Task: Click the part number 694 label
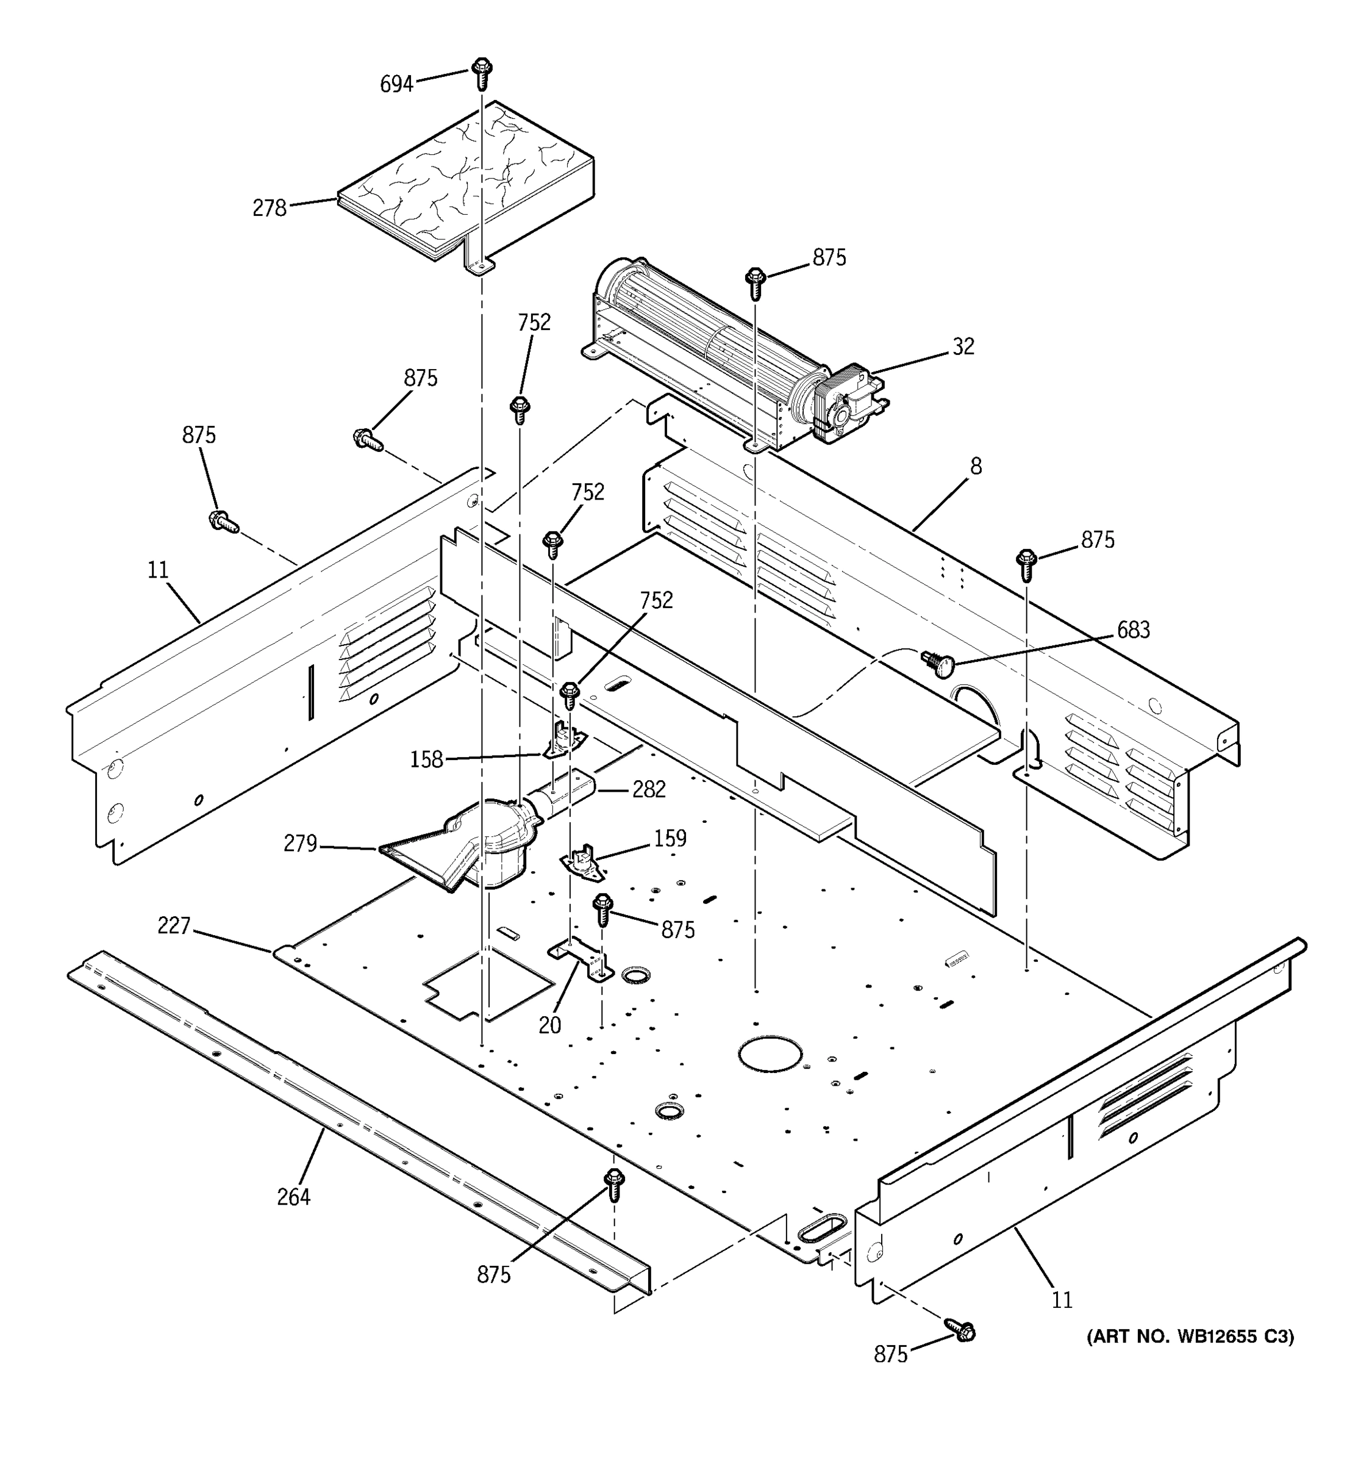tap(396, 85)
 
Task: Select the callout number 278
tap(269, 209)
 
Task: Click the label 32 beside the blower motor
tap(963, 346)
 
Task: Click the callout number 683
tap(1133, 630)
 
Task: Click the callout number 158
tap(426, 759)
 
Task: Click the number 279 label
tap(300, 843)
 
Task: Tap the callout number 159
tap(670, 838)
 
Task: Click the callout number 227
tap(174, 926)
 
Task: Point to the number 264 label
tap(293, 1197)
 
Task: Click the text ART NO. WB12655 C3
tap(1190, 1337)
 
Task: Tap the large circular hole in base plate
tap(770, 1054)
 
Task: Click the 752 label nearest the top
tap(534, 323)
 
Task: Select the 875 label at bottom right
tap(891, 1354)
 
